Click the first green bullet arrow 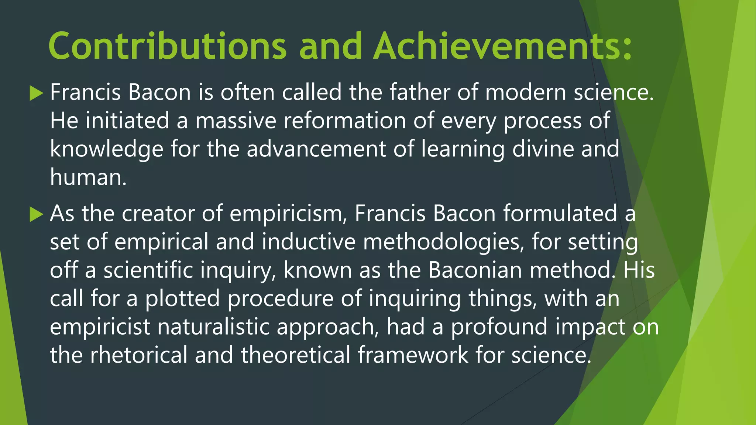(36, 93)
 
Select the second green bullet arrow (36, 214)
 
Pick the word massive (236, 121)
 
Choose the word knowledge (106, 149)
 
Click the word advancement (316, 149)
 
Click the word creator (158, 214)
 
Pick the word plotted (182, 298)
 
